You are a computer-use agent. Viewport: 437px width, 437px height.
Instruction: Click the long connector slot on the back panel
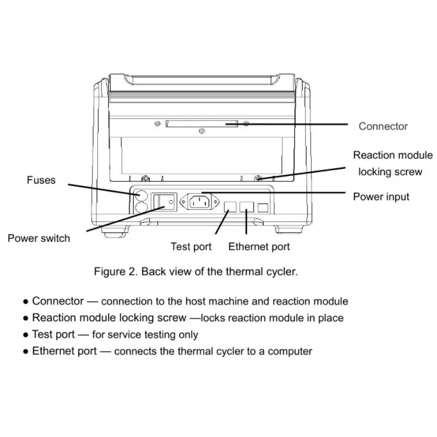click(x=202, y=124)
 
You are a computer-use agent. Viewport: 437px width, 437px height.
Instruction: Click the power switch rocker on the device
click(x=162, y=202)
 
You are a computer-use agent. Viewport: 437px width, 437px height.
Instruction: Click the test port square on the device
click(x=230, y=206)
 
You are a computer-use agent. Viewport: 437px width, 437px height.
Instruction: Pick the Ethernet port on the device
click(x=247, y=206)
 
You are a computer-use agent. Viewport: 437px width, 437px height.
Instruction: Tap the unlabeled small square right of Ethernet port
click(x=263, y=208)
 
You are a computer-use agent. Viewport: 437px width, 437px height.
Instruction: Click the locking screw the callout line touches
click(x=258, y=177)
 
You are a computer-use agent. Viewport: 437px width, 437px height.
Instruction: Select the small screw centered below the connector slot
click(x=202, y=131)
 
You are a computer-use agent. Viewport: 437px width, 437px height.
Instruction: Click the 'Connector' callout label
click(x=383, y=126)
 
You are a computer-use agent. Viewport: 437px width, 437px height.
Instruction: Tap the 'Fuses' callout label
click(x=41, y=180)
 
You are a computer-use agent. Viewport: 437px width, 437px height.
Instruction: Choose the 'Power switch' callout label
click(x=39, y=238)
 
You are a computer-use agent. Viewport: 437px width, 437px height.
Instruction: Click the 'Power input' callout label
click(x=381, y=196)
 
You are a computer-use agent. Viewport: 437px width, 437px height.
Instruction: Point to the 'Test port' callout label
click(x=191, y=246)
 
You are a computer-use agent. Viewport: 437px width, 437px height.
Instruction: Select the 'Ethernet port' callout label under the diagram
click(x=259, y=246)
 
